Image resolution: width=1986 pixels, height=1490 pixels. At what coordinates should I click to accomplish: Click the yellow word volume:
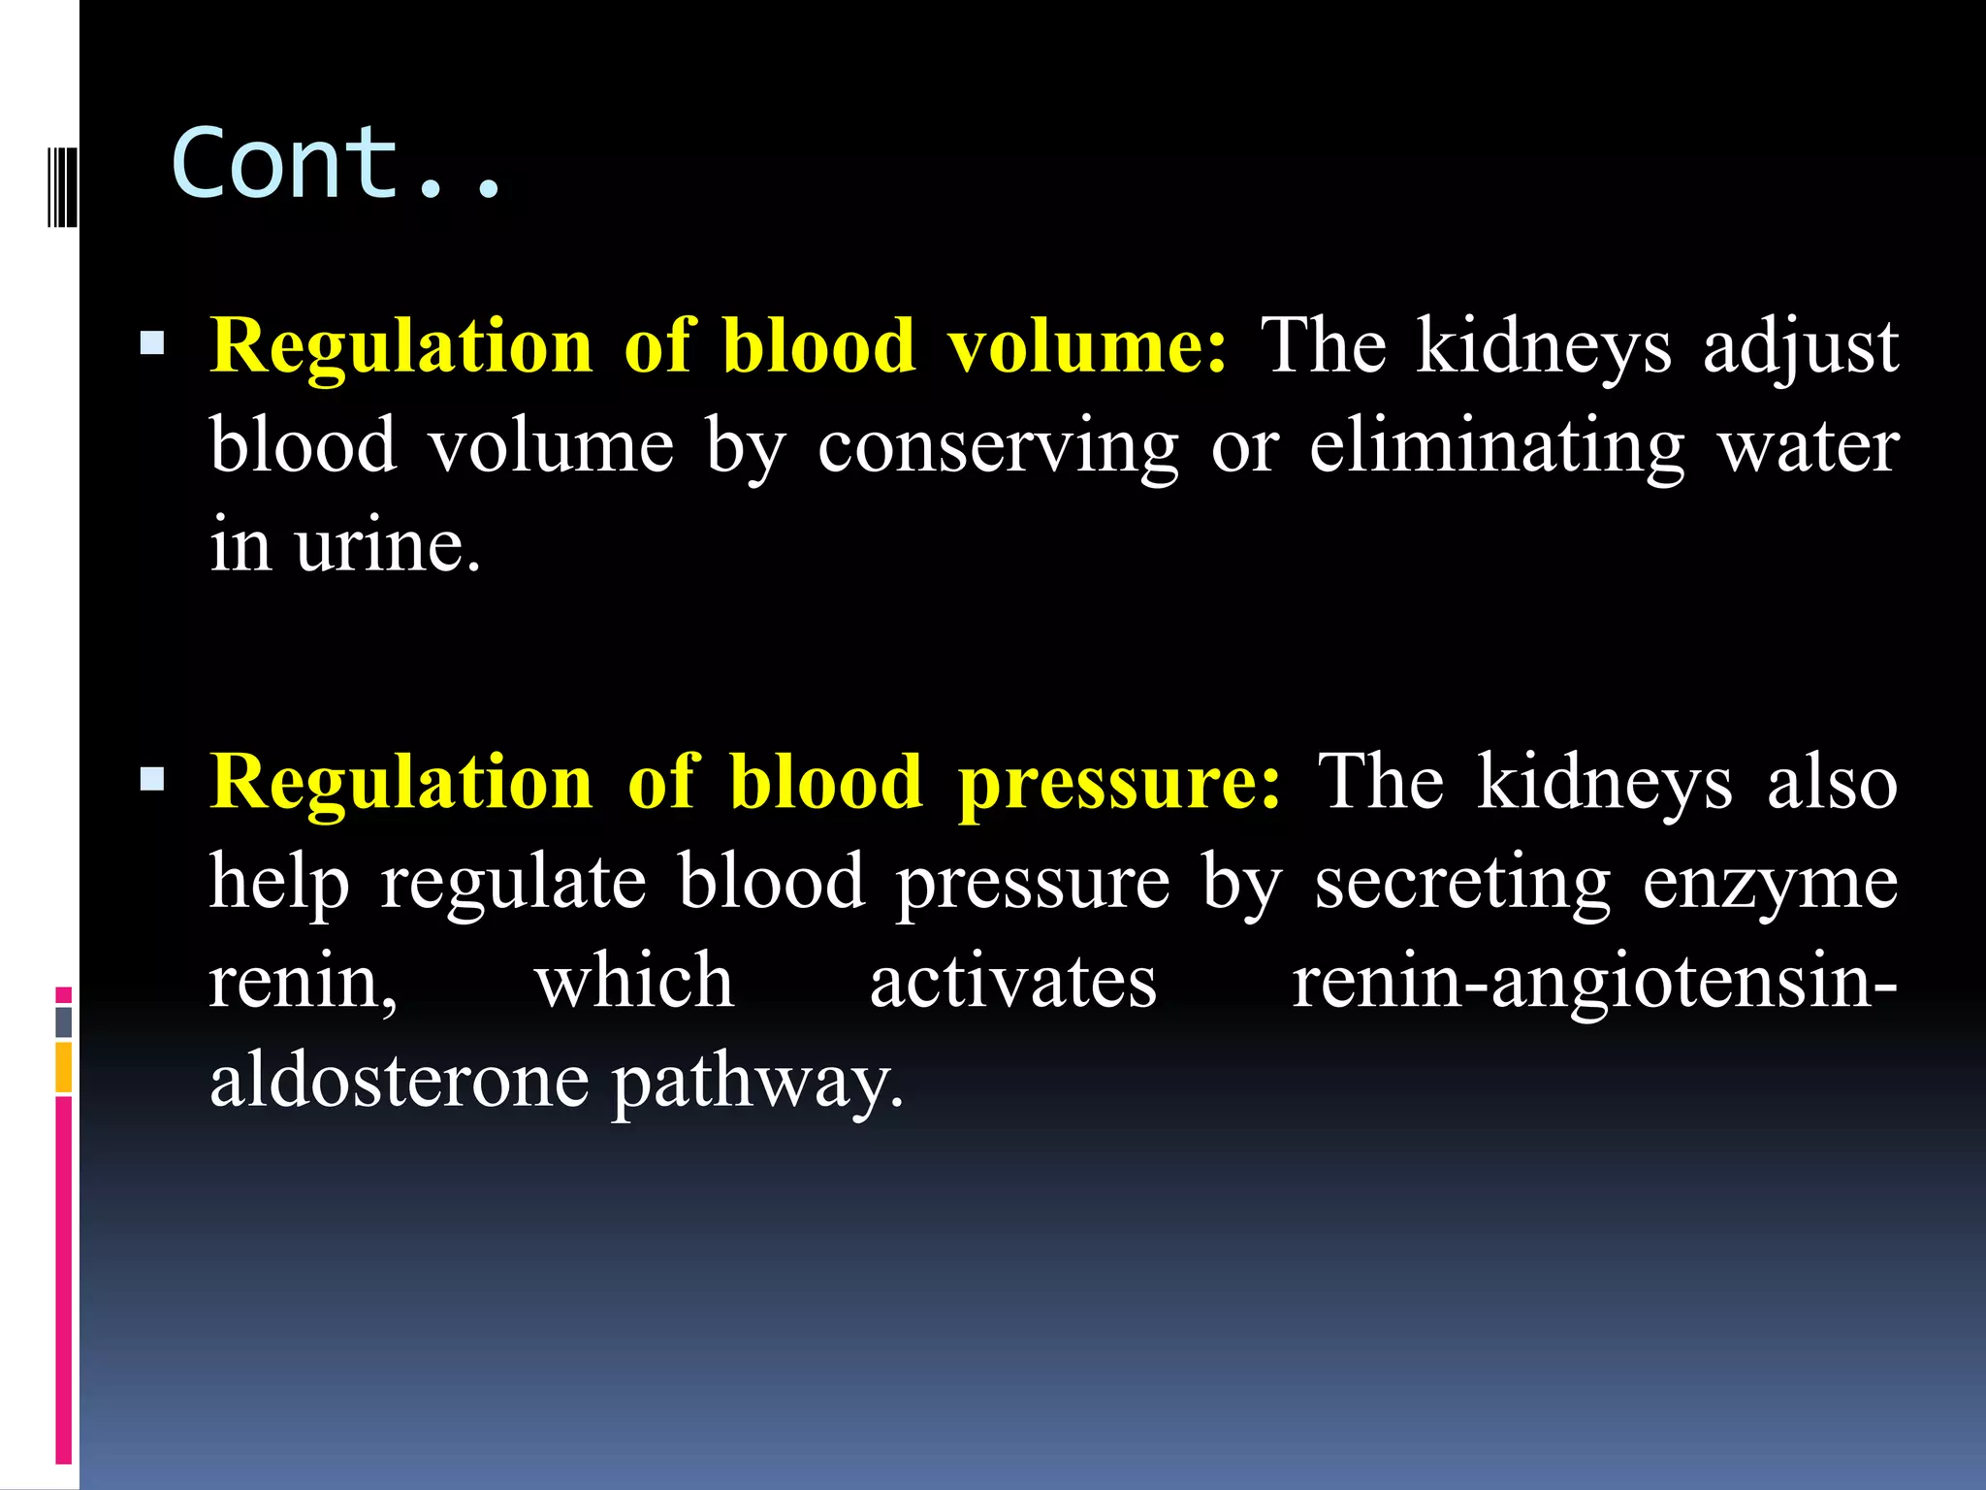1087,346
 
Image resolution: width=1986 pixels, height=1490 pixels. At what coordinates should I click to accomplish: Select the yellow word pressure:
1119,783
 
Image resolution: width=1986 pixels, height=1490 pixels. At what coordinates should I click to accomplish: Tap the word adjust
1800,346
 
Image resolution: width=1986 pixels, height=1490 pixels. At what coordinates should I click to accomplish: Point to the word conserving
998,447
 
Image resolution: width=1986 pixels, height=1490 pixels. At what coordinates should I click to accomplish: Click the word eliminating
1497,447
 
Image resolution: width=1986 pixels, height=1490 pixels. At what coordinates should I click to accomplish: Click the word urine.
388,545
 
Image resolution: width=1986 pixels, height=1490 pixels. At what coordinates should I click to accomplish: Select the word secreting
1462,883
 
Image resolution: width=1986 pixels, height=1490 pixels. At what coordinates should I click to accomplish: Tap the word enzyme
1770,883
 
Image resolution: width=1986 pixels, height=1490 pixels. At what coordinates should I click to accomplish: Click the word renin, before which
304,982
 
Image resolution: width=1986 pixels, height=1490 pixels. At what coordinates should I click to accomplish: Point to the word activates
1012,982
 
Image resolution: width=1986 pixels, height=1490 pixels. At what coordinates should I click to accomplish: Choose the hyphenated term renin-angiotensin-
1594,982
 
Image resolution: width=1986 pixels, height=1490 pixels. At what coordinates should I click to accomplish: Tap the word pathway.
756,1083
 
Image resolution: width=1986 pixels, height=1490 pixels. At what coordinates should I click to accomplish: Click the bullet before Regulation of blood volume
152,343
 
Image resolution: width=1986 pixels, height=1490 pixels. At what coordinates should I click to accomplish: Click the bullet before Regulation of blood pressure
152,779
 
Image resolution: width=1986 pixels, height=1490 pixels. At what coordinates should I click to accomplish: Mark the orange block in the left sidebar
63,1067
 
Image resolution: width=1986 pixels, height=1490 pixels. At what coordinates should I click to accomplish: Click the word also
1832,783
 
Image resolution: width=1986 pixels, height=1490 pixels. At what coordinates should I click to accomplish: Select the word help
279,883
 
